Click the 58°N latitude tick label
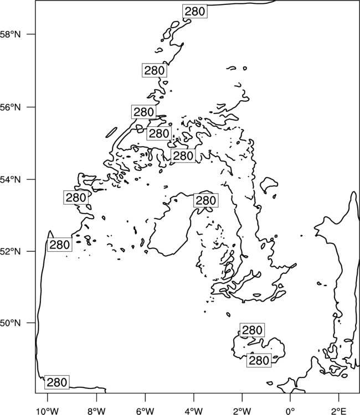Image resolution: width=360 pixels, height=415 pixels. point(10,34)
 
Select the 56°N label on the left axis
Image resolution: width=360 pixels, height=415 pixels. point(10,107)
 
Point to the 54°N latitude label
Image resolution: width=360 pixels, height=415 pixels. point(10,179)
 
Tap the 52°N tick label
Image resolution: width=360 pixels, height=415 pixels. point(10,251)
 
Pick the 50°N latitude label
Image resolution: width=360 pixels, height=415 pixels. point(10,323)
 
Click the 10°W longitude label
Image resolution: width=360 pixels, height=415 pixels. point(48,411)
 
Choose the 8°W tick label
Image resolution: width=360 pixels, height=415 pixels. point(96,411)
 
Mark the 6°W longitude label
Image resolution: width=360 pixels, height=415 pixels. point(145,411)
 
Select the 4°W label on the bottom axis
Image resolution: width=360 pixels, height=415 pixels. point(193,411)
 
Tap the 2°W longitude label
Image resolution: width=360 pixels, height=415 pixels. point(242,411)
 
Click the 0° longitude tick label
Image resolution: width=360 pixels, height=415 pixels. point(290,411)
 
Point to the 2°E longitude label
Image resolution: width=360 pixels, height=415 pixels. point(339,411)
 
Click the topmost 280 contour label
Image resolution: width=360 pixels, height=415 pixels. point(195,12)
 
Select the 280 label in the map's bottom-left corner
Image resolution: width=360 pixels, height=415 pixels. point(57,382)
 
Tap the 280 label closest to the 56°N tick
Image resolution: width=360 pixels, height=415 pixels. point(143,112)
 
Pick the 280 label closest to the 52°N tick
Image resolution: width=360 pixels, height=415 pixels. point(60,245)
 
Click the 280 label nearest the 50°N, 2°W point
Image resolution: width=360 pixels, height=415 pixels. point(252,330)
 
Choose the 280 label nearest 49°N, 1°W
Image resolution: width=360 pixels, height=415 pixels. point(259,360)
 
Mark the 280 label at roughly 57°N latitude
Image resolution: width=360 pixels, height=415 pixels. point(155,71)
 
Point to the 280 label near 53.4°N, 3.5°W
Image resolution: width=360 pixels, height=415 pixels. point(206,201)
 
